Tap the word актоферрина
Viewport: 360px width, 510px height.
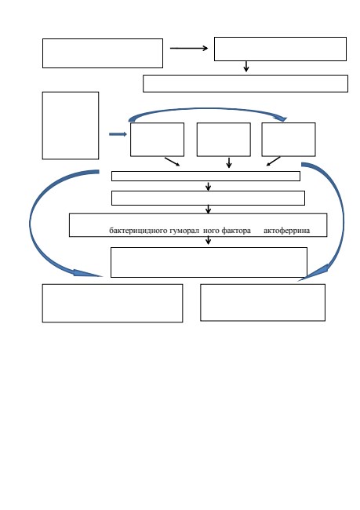pos(286,231)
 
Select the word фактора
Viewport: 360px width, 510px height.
pos(236,231)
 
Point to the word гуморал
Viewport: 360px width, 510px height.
pos(184,231)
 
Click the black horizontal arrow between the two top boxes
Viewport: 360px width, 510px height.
pos(189,48)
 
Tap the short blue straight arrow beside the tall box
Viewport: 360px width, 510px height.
pos(118,134)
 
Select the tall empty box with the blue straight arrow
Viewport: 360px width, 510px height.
pos(71,126)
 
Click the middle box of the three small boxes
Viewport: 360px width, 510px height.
pos(224,140)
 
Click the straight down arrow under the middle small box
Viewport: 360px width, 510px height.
pos(229,162)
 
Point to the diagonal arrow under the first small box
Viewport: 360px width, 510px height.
pos(172,162)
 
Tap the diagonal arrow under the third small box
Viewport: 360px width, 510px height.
pos(274,162)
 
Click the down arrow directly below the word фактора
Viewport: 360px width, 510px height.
pos(208,240)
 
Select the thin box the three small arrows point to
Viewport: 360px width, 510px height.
pos(205,176)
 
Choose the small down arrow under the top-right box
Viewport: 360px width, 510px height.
pos(246,66)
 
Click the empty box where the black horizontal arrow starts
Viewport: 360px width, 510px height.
pos(103,53)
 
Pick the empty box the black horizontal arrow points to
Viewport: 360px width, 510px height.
pos(280,49)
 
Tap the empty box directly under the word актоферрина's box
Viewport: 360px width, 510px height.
pos(209,263)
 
